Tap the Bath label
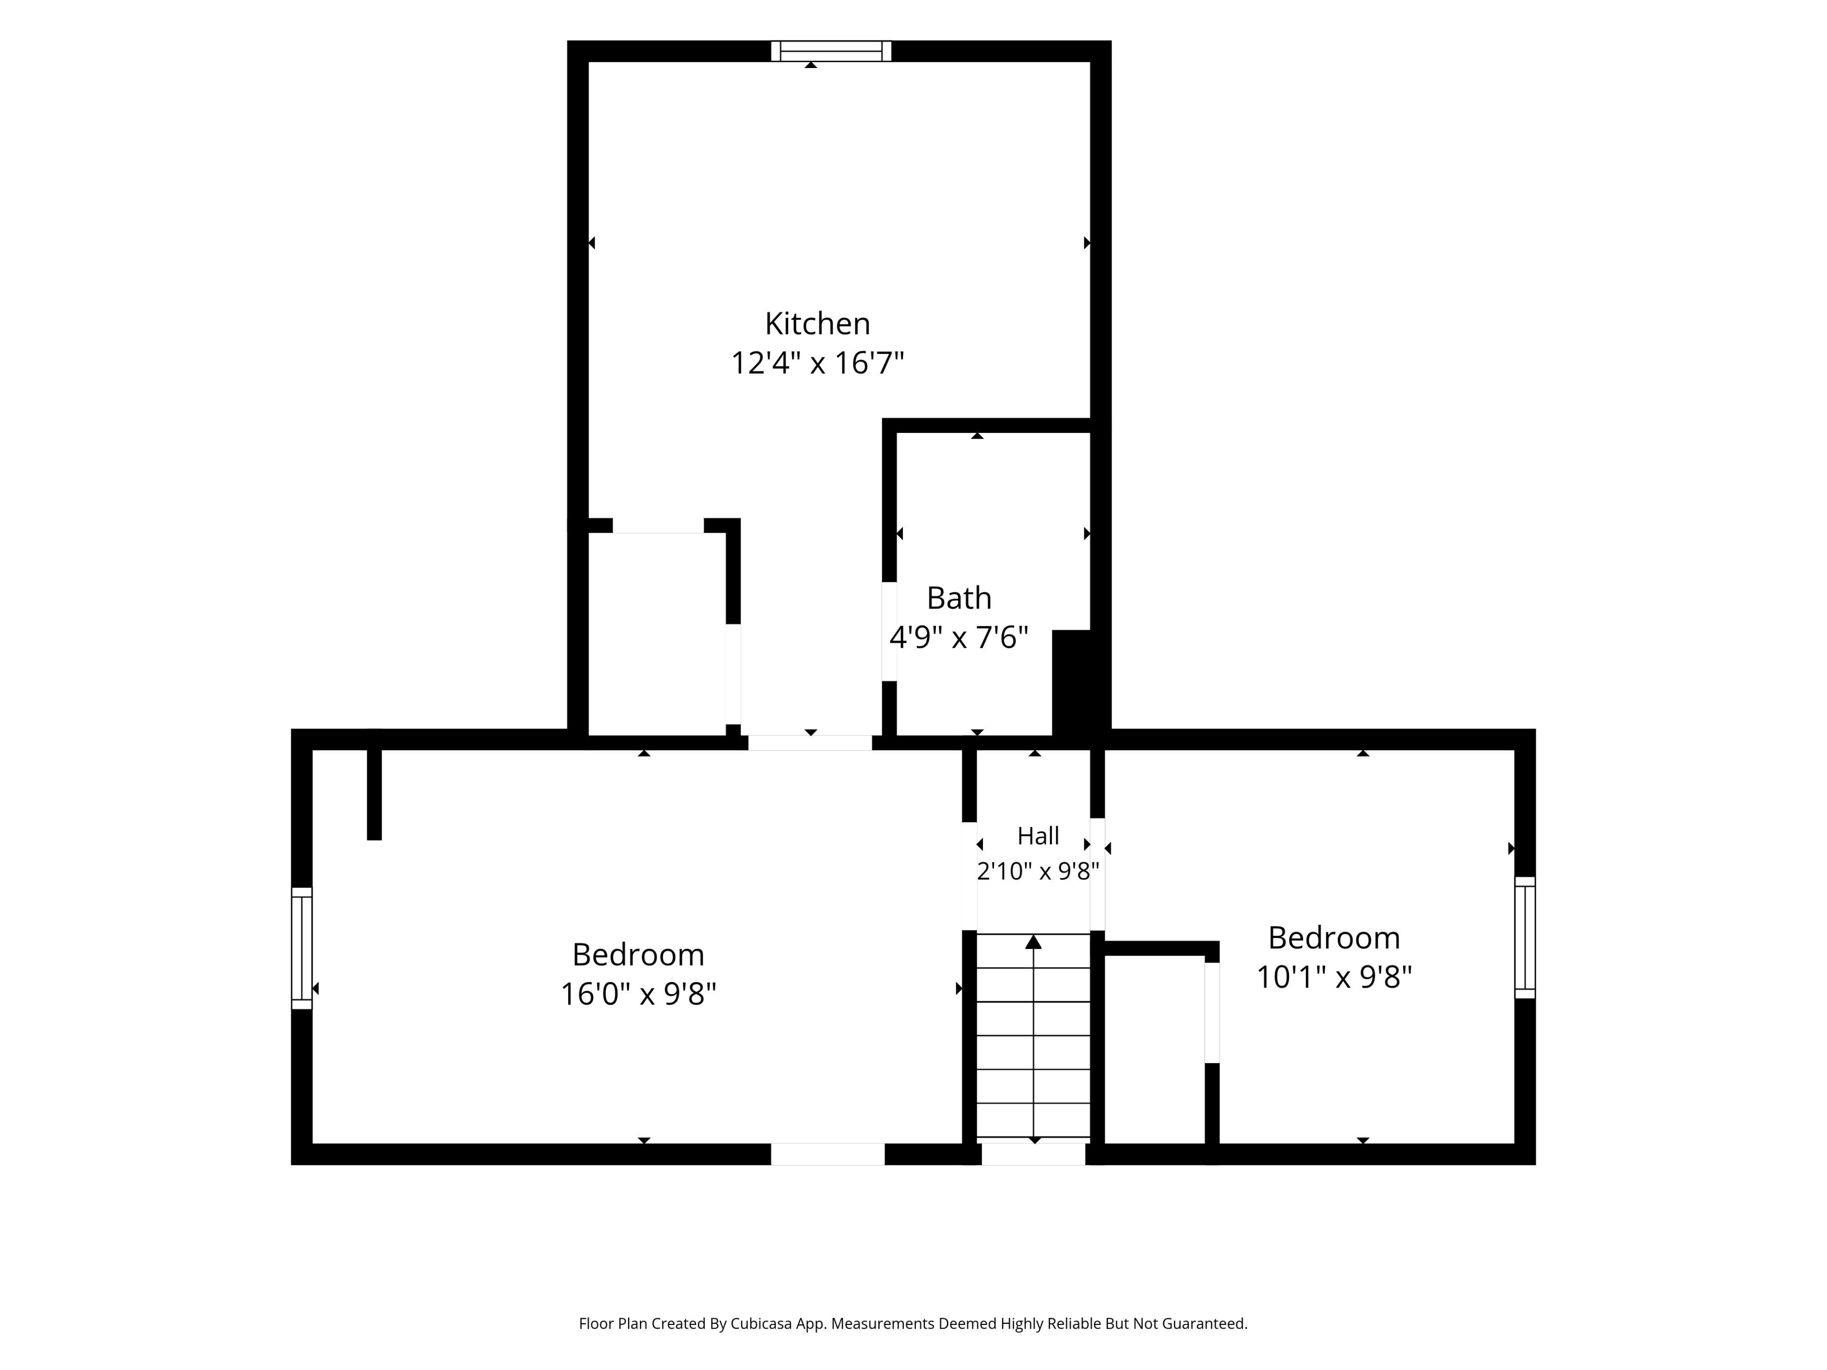958,598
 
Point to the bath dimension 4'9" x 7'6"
958,637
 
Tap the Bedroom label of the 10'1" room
1334,938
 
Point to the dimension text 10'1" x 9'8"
1334,977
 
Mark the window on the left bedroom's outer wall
302,948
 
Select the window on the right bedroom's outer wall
1525,937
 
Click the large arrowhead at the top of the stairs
1033,941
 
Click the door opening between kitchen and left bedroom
809,743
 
